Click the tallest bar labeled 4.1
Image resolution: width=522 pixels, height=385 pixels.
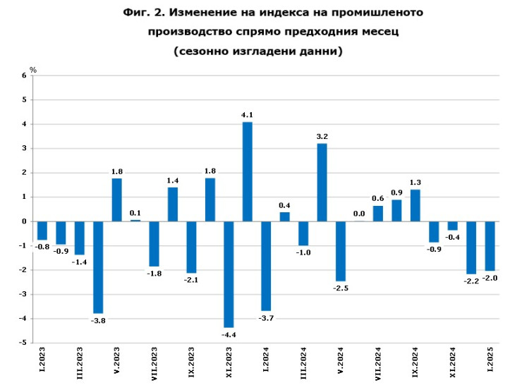[248, 171]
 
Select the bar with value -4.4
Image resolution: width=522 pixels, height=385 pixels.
[229, 274]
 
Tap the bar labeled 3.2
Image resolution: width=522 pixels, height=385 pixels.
[322, 182]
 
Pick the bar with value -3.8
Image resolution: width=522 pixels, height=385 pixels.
[98, 267]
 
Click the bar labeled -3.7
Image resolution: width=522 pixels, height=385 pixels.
[266, 266]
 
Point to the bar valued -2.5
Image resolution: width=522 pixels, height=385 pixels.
[340, 251]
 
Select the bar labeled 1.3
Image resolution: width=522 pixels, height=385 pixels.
[415, 205]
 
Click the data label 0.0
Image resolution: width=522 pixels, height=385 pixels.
[359, 214]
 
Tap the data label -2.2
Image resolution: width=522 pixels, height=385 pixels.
[471, 281]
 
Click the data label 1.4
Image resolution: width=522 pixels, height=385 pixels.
[172, 181]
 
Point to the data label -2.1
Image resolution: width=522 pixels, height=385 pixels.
[191, 279]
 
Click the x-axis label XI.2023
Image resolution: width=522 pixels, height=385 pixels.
[229, 365]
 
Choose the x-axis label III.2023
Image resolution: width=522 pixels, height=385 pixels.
[79, 365]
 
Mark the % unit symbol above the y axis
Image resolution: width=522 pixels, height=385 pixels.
[32, 69]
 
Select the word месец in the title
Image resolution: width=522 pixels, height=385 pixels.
[375, 32]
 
